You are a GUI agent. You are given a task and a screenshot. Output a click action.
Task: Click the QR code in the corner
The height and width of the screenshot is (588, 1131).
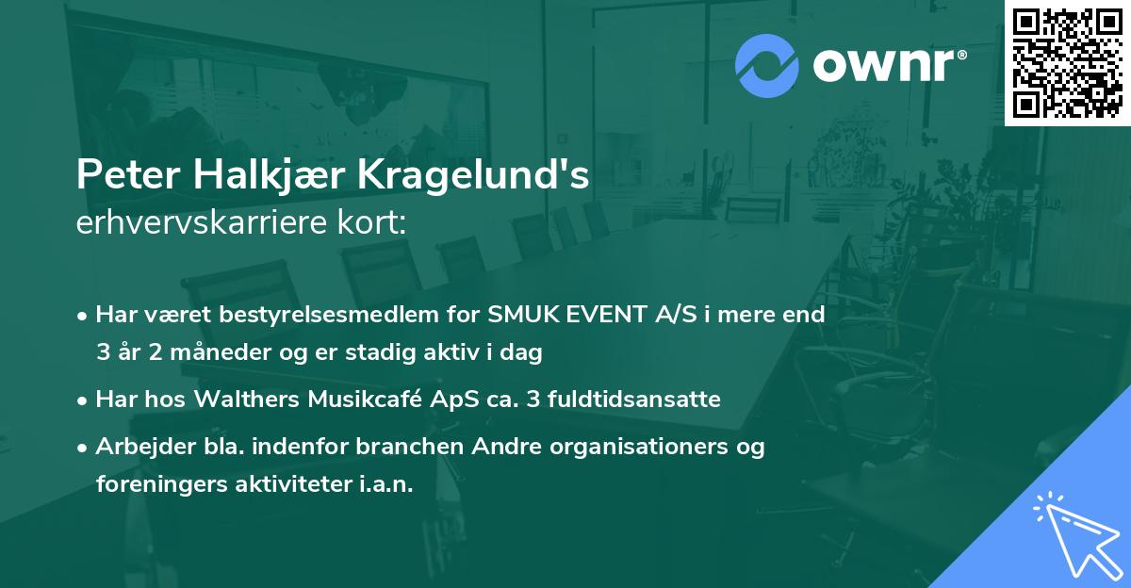coord(1068,62)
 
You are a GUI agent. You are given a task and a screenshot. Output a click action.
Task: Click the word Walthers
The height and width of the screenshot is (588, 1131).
coord(247,400)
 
